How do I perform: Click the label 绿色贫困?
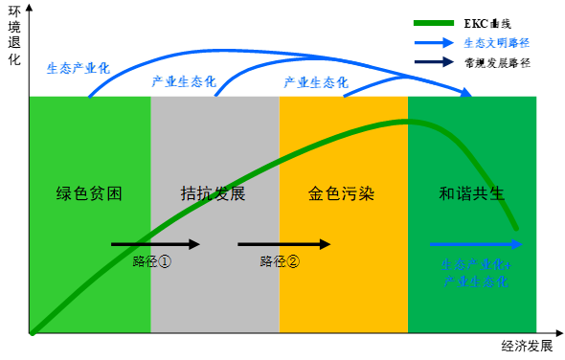click(x=89, y=193)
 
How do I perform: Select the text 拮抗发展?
click(x=214, y=193)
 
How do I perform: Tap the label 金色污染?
click(x=341, y=193)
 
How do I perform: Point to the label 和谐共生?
click(x=472, y=193)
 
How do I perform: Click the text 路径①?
click(x=152, y=261)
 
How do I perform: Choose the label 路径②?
click(x=280, y=261)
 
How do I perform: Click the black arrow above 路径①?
click(x=155, y=244)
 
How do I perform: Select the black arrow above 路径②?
click(x=283, y=244)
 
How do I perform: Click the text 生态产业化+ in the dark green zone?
click(x=476, y=263)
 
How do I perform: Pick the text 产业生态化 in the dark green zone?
click(x=476, y=281)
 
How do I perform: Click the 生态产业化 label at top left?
click(x=79, y=68)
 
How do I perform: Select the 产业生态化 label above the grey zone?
click(x=184, y=81)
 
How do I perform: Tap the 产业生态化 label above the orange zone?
click(x=315, y=81)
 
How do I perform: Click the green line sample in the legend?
click(x=433, y=23)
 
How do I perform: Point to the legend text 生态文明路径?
click(x=497, y=43)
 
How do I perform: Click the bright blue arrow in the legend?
click(x=434, y=43)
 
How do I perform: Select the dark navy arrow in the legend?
click(x=434, y=62)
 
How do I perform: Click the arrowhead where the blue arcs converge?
click(x=466, y=93)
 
